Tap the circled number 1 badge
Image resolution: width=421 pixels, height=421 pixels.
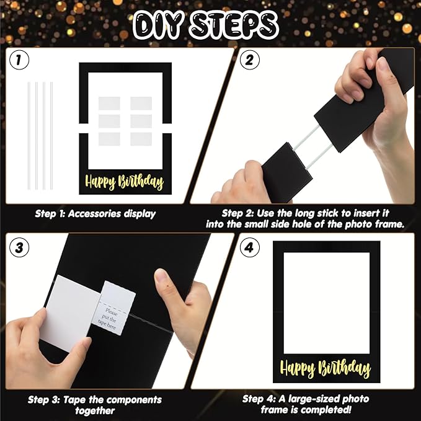point(22,61)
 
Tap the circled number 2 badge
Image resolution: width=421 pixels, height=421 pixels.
point(249,61)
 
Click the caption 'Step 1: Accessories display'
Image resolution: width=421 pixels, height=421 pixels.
point(94,214)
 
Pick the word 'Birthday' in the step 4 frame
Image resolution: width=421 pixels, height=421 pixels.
point(344,369)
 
